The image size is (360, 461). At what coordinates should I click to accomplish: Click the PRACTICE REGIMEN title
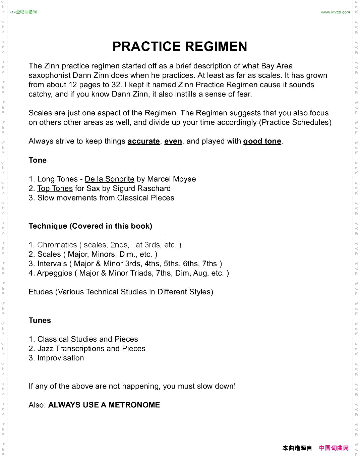180,47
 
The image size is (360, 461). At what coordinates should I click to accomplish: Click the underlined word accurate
143,141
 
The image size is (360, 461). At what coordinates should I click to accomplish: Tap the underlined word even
173,141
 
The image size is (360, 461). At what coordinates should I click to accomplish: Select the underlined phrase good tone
262,141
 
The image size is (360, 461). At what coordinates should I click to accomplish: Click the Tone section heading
38,160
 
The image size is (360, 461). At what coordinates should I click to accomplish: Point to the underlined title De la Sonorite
109,179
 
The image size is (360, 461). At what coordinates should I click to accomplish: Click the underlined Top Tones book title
55,188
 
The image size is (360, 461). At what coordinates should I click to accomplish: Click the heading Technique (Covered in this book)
91,226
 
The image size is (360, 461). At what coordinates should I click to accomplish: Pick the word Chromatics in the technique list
57,245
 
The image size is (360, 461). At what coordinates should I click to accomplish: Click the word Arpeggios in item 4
55,273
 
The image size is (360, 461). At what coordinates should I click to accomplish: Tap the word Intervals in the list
52,264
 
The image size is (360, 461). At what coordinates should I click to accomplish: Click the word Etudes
41,292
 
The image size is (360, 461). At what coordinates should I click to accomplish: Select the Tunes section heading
40,321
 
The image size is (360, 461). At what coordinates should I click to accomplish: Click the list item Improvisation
61,358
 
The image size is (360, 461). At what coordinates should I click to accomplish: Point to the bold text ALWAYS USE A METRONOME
104,405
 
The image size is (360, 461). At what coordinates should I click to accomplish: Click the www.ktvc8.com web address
335,12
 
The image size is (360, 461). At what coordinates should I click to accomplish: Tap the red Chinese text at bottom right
334,448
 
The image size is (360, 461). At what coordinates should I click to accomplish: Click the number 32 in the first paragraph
116,85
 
